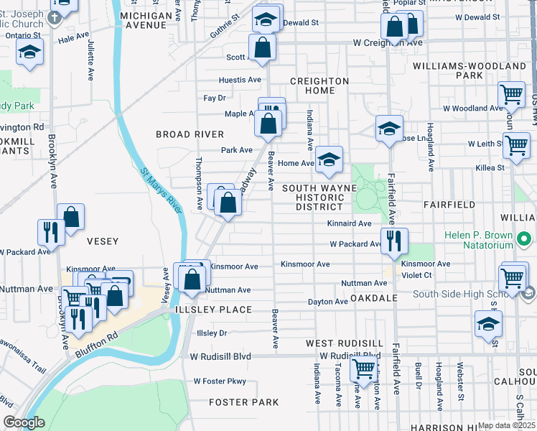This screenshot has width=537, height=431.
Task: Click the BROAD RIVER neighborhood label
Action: [x=190, y=134]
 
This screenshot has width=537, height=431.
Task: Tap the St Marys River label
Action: [x=162, y=190]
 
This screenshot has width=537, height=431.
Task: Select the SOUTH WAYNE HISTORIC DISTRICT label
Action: [x=319, y=197]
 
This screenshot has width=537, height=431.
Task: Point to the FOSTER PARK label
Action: [x=243, y=402]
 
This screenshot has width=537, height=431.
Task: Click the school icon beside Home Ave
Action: [x=328, y=159]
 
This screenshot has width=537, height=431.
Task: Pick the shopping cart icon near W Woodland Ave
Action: [x=510, y=94]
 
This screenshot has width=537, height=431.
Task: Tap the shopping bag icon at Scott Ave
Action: [x=263, y=47]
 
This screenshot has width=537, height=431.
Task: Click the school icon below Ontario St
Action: [x=29, y=52]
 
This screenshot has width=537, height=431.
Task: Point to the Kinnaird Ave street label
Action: [x=349, y=224]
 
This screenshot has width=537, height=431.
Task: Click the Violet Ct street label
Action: [x=416, y=274]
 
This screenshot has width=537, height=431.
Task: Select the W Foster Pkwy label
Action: [x=220, y=381]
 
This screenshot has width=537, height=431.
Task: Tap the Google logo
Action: [x=24, y=422]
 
